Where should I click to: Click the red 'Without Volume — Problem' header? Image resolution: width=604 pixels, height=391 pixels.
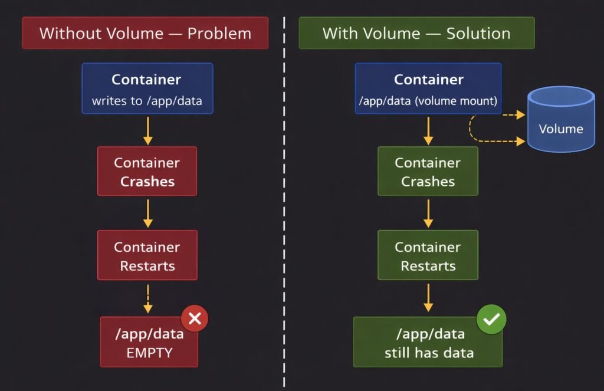pyautogui.click(x=145, y=33)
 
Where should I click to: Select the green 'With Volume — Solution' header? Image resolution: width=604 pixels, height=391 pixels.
pyautogui.click(x=416, y=33)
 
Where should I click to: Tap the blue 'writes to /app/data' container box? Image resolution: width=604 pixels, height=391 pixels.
pyautogui.click(x=147, y=88)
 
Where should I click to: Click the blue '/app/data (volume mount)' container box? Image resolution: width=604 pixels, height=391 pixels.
pyautogui.click(x=428, y=88)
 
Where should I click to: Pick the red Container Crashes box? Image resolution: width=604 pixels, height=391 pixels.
pyautogui.click(x=147, y=171)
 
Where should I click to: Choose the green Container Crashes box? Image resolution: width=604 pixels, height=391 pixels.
pyautogui.click(x=428, y=171)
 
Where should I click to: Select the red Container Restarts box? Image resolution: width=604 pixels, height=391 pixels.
pyautogui.click(x=147, y=255)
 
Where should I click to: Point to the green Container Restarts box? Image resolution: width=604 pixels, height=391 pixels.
pyautogui.click(x=428, y=255)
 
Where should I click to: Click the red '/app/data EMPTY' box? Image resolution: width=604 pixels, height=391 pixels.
pyautogui.click(x=149, y=342)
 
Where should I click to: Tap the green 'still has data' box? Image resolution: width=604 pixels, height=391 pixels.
pyautogui.click(x=428, y=342)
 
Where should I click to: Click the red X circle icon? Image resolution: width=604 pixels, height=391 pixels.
pyautogui.click(x=195, y=319)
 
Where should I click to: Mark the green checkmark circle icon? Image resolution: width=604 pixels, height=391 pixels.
pyautogui.click(x=491, y=319)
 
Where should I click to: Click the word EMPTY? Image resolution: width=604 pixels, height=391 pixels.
pyautogui.click(x=150, y=353)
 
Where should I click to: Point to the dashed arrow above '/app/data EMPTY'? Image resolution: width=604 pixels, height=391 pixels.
pyautogui.click(x=147, y=298)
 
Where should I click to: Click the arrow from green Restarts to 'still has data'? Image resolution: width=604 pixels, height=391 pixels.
pyautogui.click(x=428, y=298)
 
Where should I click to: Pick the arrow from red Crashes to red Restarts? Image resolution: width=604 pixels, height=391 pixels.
pyautogui.click(x=147, y=213)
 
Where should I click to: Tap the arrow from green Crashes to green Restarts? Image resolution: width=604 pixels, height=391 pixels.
pyautogui.click(x=428, y=213)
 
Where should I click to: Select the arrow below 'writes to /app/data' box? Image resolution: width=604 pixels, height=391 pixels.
pyautogui.click(x=147, y=130)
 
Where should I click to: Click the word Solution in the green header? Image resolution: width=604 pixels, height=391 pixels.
pyautogui.click(x=478, y=33)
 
